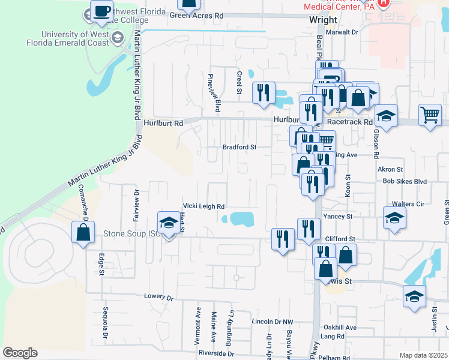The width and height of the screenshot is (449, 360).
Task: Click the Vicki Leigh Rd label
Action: click(x=203, y=205)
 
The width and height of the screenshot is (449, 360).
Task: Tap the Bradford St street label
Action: click(x=240, y=146)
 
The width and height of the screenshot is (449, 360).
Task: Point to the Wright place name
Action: click(x=323, y=20)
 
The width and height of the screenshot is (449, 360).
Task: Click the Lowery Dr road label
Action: click(x=158, y=296)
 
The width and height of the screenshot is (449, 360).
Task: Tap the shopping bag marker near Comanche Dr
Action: click(x=82, y=232)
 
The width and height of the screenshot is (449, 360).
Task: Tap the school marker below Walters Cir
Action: click(x=394, y=218)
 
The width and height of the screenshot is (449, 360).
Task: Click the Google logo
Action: click(x=20, y=353)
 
